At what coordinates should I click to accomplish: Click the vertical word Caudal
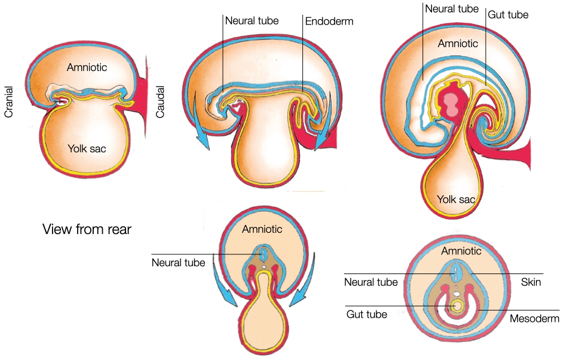coord(160,101)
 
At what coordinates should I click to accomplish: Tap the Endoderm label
coord(329,21)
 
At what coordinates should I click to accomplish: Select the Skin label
coord(531,282)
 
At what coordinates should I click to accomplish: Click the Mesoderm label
coord(534,318)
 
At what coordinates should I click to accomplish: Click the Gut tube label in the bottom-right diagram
coord(367,314)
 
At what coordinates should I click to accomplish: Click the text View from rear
coord(87,229)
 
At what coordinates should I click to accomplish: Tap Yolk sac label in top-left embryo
coord(87,148)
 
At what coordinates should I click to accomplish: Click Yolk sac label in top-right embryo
coord(456,199)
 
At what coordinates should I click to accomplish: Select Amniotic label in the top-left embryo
coord(87,67)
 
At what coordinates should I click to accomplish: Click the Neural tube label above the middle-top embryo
coord(252,21)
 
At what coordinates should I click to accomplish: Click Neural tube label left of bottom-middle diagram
coord(179,263)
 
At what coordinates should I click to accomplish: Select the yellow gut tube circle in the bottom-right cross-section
coord(457,306)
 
